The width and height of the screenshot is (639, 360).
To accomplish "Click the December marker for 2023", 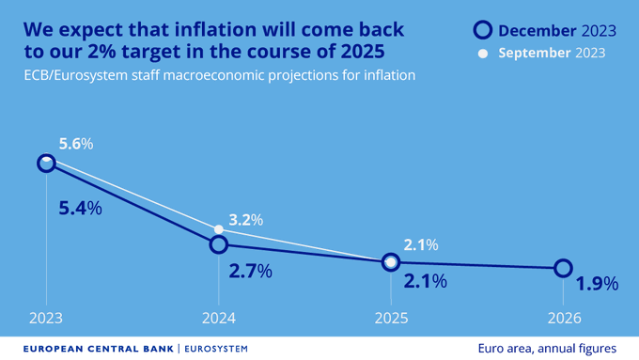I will pos(46,164).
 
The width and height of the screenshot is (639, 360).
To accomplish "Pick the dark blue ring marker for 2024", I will pos(218,244).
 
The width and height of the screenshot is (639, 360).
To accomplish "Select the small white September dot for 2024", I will pos(218,229).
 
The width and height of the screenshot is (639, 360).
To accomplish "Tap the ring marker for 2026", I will pos(562,268).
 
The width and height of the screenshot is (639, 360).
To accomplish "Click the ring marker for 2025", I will pos(390,262).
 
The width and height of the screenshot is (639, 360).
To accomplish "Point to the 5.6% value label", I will pos(75,144).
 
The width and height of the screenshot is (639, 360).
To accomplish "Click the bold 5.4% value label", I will pos(80,209).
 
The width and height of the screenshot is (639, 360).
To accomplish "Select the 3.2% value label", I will pos(245,220).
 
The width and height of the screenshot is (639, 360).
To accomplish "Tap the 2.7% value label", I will pos(250,272).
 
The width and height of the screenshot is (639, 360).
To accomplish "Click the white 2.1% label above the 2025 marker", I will pos(420,245).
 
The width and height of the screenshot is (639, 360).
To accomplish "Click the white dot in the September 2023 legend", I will pos(483,54).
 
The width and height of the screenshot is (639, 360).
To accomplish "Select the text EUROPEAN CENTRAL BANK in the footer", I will pos(97,348).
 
